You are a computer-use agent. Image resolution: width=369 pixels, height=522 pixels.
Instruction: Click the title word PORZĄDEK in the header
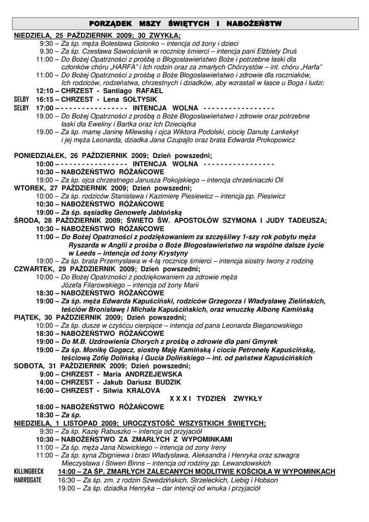coord(111,24)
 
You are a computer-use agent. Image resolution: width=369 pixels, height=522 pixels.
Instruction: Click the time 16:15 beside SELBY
coord(44,99)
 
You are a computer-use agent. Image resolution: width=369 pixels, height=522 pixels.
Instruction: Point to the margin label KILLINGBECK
coord(29,472)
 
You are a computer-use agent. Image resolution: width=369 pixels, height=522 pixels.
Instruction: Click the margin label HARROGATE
coord(28,480)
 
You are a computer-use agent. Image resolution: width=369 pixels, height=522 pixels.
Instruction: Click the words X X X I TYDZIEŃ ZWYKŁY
coord(216,399)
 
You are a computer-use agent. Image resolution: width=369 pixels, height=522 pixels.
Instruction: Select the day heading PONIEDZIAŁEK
coord(42,155)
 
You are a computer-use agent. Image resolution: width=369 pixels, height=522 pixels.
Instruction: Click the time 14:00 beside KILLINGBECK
coord(66,472)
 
